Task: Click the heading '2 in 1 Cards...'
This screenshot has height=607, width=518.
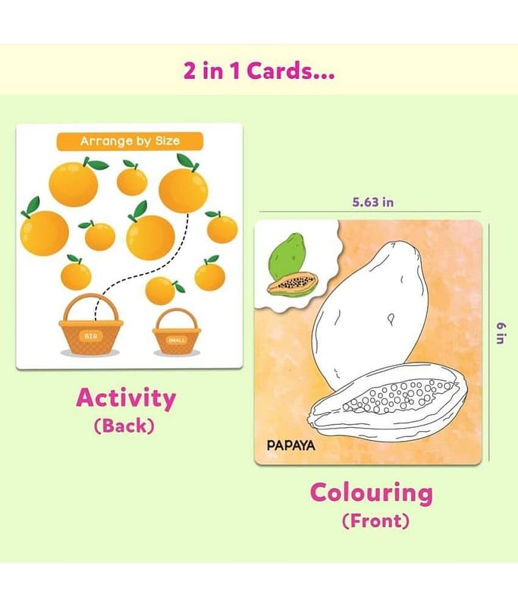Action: tap(259, 71)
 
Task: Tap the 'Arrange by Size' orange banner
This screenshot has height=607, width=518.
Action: tap(130, 141)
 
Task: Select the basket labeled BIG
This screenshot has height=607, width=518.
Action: tap(91, 325)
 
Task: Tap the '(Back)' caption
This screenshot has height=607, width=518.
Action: tap(124, 426)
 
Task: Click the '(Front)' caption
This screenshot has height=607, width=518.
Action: tap(375, 521)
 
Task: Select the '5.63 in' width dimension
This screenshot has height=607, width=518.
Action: tap(372, 202)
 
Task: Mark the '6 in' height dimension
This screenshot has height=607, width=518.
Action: tap(501, 333)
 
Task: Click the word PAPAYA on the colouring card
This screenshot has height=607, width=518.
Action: tap(291, 445)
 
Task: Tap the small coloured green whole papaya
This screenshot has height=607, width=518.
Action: tap(287, 255)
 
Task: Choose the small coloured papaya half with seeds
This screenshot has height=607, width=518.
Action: tap(293, 285)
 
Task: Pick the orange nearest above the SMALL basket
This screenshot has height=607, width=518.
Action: tap(162, 290)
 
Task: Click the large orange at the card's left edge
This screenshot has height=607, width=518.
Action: tap(44, 231)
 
